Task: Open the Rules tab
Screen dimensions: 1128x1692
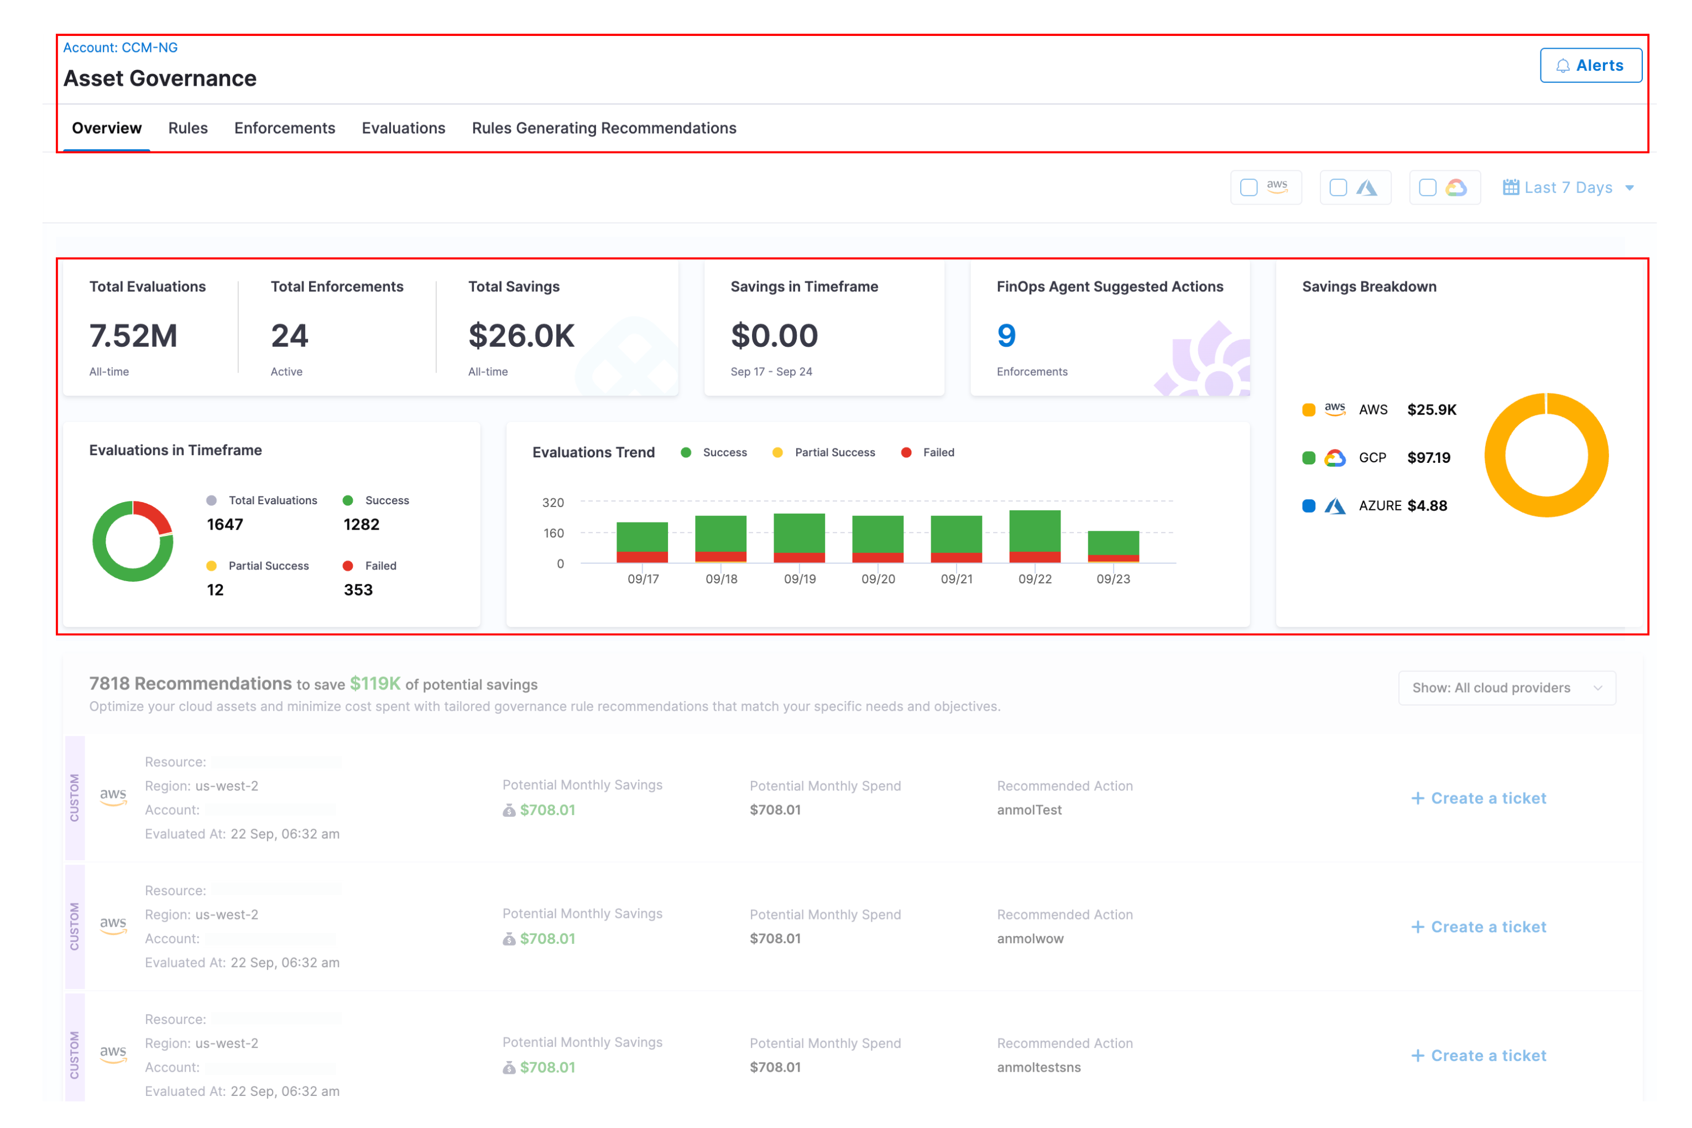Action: tap(188, 128)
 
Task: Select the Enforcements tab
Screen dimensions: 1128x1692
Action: tap(284, 128)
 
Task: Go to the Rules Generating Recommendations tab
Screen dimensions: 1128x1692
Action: tap(604, 128)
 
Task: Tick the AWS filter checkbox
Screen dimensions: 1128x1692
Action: tap(1249, 188)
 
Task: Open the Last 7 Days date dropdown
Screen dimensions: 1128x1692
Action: tap(1568, 188)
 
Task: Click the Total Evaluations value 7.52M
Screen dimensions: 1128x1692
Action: tap(133, 336)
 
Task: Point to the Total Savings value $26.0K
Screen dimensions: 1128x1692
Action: tap(521, 336)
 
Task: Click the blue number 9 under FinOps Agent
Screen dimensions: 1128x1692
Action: tap(1006, 336)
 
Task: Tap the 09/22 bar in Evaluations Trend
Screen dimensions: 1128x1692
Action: tap(1035, 536)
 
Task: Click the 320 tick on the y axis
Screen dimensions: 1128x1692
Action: tap(552, 502)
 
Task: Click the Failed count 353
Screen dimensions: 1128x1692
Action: tap(358, 590)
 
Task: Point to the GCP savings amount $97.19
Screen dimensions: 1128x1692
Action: tap(1428, 457)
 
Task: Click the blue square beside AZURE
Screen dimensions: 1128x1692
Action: tap(1309, 506)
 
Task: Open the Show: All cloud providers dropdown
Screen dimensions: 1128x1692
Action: tap(1506, 688)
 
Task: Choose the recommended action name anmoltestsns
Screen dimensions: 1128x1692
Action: tap(1038, 1068)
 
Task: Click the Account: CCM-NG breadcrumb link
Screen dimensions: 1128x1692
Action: tap(120, 48)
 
